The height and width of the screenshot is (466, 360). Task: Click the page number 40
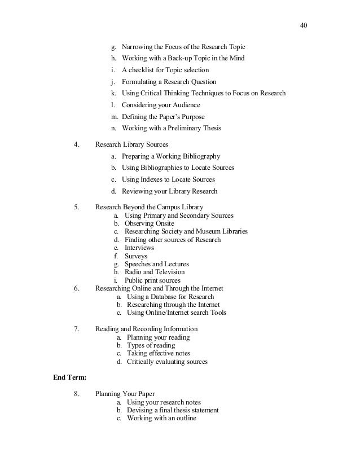click(297, 26)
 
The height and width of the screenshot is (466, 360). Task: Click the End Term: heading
click(69, 377)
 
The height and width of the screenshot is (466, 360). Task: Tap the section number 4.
click(77, 144)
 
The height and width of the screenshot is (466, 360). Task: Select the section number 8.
click(77, 393)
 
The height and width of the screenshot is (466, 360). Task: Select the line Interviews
click(139, 248)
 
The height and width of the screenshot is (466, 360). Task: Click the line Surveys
click(136, 256)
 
